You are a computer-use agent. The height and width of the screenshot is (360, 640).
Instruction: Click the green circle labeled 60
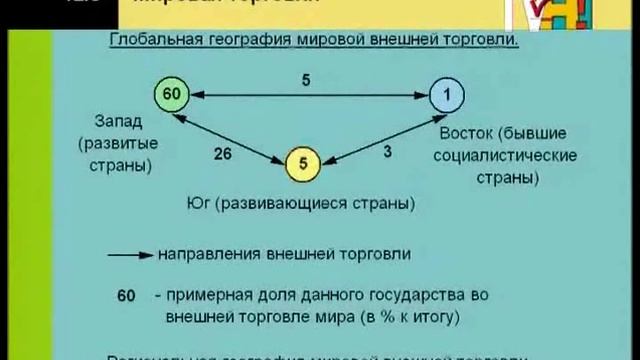pyautogui.click(x=171, y=95)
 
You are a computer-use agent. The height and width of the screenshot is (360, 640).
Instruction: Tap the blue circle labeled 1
pyautogui.click(x=447, y=96)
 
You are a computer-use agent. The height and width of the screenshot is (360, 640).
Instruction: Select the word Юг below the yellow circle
pyautogui.click(x=199, y=205)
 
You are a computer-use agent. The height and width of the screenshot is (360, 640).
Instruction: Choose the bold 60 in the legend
pyautogui.click(x=125, y=297)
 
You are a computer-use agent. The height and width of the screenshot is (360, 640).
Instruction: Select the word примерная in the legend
pyautogui.click(x=202, y=297)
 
